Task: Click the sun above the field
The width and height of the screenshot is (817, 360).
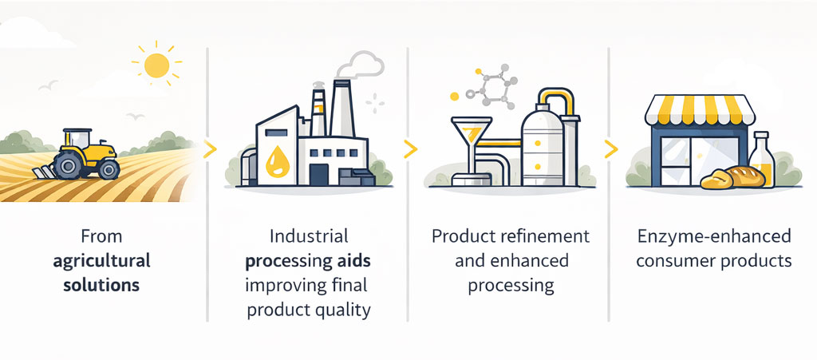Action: coord(157,65)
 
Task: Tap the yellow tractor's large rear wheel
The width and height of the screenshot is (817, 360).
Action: coord(67,165)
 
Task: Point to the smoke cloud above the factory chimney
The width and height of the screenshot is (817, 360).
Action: coord(360,65)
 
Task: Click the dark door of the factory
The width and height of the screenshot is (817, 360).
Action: coord(319,175)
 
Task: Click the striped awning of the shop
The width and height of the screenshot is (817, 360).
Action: coord(700,110)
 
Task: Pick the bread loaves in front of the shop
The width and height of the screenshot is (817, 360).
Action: coord(732,178)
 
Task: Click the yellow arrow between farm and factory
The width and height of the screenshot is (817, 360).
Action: coord(210,149)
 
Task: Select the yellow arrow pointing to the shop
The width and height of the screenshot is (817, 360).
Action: coord(610,149)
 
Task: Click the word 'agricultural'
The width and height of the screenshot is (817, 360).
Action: coord(101,261)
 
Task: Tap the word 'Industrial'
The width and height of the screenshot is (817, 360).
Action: coord(309,236)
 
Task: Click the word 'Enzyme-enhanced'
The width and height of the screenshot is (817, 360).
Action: coord(714,236)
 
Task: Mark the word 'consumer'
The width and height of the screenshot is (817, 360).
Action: coord(672,261)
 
